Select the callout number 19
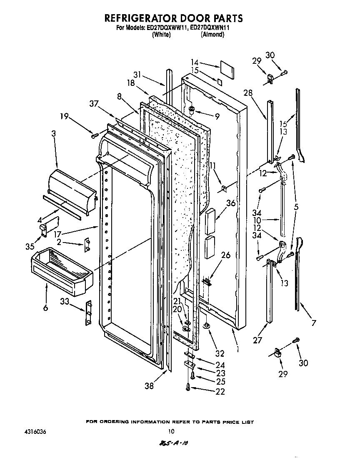tap(64, 117)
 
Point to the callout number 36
tap(231, 203)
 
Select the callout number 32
tap(220, 353)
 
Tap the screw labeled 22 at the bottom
tap(188, 388)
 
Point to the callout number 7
tap(314, 323)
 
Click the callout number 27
tap(257, 340)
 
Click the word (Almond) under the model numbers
tap(213, 35)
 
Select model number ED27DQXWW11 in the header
tap(166, 28)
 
